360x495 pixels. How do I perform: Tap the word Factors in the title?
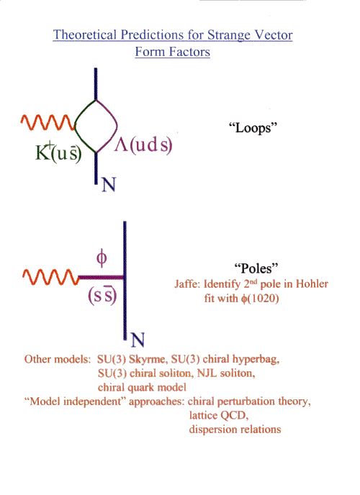189,52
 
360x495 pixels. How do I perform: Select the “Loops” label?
253,128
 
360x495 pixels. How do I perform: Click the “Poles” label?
256,268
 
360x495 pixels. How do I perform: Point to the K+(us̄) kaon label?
58,153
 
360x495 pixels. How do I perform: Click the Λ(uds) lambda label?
143,145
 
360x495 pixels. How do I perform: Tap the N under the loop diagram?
109,185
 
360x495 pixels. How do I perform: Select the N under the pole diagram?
138,340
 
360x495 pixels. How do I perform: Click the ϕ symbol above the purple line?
102,258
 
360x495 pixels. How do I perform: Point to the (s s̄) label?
102,296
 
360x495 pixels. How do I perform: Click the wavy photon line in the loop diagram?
48,122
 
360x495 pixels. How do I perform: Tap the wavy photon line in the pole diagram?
51,277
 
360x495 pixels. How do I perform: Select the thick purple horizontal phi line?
101,278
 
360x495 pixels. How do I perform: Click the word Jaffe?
187,284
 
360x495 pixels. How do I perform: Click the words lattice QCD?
219,415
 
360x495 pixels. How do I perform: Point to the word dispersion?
212,430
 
